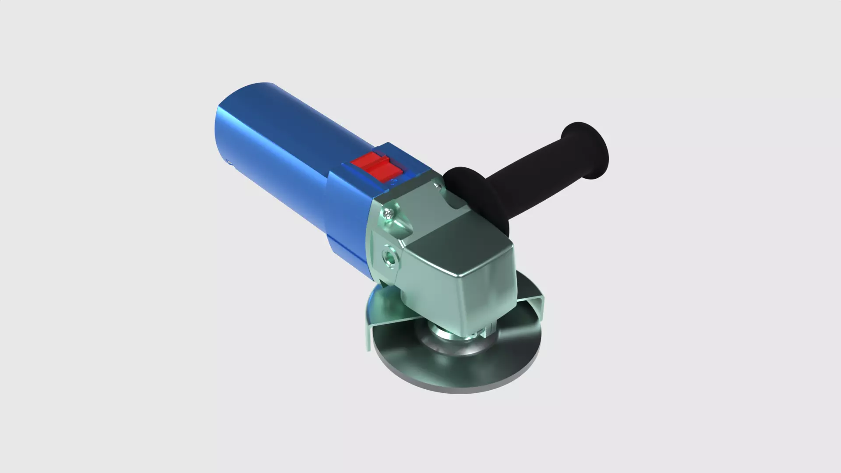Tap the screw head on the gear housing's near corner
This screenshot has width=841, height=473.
pos(389,214)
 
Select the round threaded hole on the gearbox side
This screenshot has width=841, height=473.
pos(389,258)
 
